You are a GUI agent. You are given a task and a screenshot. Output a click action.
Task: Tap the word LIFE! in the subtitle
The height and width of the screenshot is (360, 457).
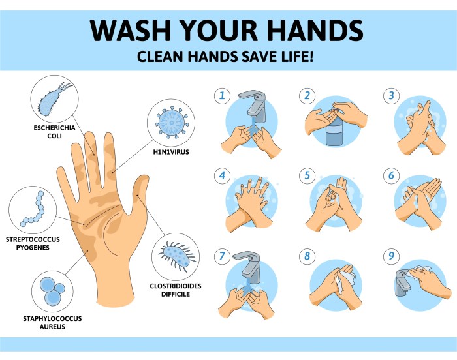point(298,57)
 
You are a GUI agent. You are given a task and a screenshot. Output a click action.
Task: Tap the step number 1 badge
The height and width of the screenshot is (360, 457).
point(223,96)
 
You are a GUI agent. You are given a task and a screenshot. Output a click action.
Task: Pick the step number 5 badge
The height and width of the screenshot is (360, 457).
point(307,175)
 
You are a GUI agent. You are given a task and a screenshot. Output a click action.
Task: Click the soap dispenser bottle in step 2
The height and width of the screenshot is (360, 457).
point(334,134)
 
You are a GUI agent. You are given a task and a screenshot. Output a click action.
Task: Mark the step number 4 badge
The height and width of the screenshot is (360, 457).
point(223,175)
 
